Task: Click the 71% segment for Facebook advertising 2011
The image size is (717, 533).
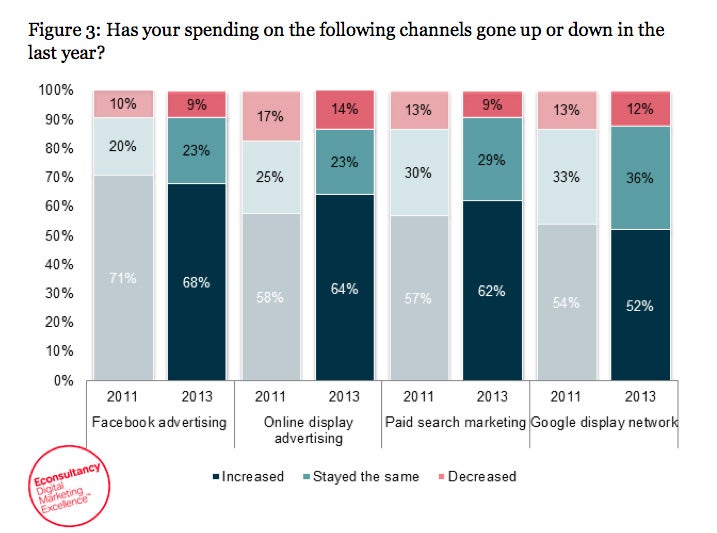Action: point(124,277)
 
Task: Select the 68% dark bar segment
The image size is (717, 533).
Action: point(197,282)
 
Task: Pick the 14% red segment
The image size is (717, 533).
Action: point(345,110)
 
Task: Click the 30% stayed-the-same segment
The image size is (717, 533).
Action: point(419,172)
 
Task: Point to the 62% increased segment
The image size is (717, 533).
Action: point(492,290)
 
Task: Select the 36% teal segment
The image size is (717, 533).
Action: point(640,178)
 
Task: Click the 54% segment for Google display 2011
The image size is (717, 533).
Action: point(567,302)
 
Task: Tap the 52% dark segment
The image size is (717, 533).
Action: point(640,305)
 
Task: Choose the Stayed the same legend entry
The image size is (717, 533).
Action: point(360,476)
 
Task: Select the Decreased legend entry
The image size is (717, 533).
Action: point(478,476)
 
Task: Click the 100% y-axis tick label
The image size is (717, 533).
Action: point(56,90)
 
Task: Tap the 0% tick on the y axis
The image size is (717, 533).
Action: point(63,381)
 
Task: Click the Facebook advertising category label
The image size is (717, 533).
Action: point(160,422)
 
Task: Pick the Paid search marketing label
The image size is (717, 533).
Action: point(455,422)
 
